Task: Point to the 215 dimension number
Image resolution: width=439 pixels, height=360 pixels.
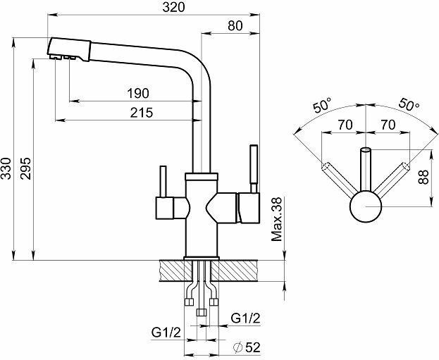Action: tap(143, 113)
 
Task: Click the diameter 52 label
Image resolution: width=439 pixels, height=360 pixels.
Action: tap(245, 347)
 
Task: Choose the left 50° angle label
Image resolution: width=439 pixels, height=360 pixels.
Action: tap(323, 106)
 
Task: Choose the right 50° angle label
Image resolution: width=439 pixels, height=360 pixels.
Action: tap(407, 104)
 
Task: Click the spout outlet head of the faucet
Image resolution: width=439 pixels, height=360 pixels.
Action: tap(69, 49)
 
